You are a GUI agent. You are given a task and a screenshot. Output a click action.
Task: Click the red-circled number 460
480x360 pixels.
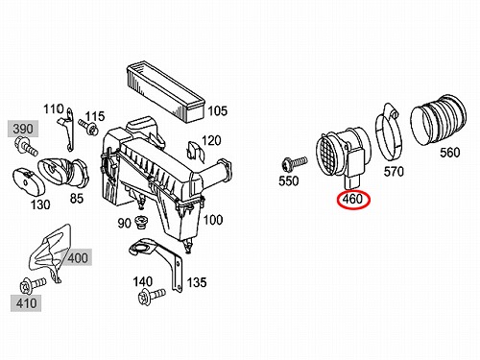(x=353, y=200)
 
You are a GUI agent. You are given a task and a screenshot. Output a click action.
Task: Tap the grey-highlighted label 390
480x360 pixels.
(x=23, y=129)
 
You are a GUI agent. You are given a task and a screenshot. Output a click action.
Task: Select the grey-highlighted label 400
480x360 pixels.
(x=78, y=257)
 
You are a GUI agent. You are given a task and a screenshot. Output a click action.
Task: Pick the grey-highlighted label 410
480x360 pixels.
(x=26, y=303)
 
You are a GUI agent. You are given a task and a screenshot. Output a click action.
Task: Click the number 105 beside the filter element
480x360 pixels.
(x=218, y=111)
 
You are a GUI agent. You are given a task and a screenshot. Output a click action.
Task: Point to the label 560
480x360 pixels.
(x=449, y=153)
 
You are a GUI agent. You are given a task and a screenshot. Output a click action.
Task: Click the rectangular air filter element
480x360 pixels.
(x=166, y=92)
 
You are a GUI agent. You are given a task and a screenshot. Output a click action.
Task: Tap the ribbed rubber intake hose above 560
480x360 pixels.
(x=439, y=119)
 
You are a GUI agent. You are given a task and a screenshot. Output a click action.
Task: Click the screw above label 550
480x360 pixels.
(x=294, y=163)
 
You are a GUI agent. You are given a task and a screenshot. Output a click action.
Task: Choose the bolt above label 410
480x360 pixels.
(x=33, y=285)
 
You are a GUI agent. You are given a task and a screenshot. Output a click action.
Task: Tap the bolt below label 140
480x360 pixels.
(x=152, y=296)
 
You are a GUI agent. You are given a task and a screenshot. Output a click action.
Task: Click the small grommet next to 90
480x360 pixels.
(x=140, y=222)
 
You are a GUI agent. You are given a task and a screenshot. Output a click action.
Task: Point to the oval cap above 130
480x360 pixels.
(x=28, y=181)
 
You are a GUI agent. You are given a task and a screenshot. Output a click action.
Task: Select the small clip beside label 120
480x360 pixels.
(x=195, y=151)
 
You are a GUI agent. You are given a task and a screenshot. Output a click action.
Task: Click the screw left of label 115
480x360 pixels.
(x=88, y=127)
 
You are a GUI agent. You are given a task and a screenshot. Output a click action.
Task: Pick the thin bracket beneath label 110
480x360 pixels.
(x=67, y=130)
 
